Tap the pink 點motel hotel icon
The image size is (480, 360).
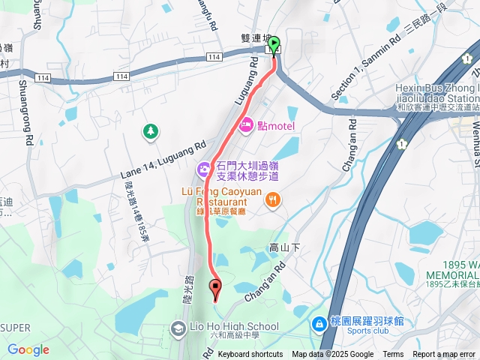point(246,126)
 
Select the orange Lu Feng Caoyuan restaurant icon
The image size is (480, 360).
point(274,199)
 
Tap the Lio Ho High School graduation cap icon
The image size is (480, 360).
point(178,328)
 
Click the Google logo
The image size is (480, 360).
point(28,349)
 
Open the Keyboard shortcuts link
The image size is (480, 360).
point(250,355)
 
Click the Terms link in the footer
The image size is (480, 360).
point(393,355)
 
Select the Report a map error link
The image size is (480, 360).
point(445,355)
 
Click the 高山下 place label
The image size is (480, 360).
point(284,247)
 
